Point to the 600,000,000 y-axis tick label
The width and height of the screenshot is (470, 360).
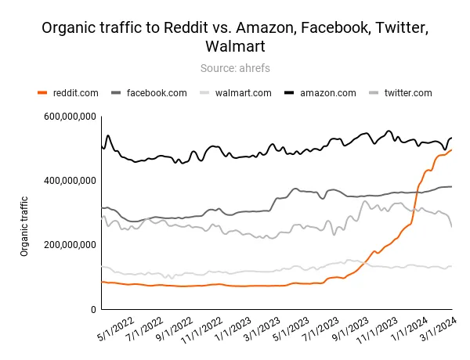[70, 117]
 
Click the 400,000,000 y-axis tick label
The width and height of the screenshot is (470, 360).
[70, 181]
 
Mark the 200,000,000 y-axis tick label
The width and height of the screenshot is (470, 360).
[70, 245]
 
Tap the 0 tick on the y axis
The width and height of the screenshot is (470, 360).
[92, 310]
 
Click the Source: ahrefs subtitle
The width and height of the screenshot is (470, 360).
[235, 68]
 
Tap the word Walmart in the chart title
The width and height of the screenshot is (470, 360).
[235, 47]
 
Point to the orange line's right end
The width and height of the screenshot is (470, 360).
[452, 149]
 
